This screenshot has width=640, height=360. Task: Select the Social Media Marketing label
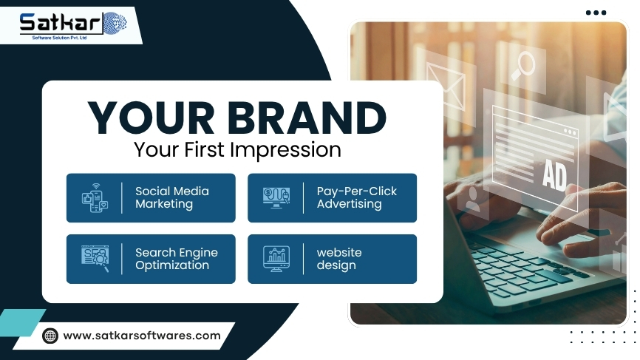pyautogui.click(x=172, y=197)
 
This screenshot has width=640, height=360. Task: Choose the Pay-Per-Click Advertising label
pyautogui.click(x=356, y=197)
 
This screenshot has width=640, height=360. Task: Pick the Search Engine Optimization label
pyautogui.click(x=176, y=259)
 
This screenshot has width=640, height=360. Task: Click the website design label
pyautogui.click(x=339, y=259)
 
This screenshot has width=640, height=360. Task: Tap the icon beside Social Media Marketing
pyautogui.click(x=95, y=198)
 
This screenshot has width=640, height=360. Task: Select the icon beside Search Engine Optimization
pyautogui.click(x=95, y=259)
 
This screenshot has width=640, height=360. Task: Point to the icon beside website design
pyautogui.click(x=276, y=259)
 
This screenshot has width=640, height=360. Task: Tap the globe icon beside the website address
pyautogui.click(x=50, y=336)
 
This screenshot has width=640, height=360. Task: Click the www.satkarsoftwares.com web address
pyautogui.click(x=142, y=336)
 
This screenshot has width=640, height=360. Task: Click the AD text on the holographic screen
pyautogui.click(x=554, y=175)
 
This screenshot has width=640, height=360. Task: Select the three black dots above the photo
pyautogui.click(x=596, y=13)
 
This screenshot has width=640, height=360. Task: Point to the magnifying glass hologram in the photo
pyautogui.click(x=523, y=65)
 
